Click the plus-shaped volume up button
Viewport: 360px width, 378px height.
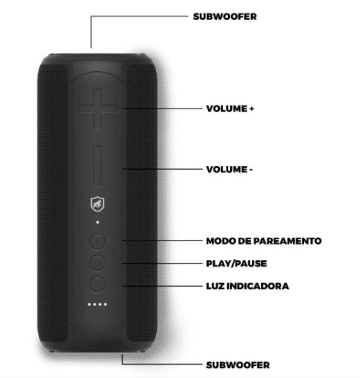(97, 108)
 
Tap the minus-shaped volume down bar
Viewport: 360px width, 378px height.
(97, 166)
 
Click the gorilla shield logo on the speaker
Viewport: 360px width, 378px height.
(97, 204)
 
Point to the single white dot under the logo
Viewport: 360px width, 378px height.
(97, 223)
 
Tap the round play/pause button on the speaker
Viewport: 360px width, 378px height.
(97, 263)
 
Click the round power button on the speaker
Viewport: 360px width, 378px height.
(97, 284)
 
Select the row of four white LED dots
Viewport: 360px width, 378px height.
(97, 304)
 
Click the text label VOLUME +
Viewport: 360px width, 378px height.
(230, 108)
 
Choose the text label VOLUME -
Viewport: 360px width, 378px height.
(229, 169)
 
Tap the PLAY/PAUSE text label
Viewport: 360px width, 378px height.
(236, 263)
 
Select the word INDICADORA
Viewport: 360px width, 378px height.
(258, 286)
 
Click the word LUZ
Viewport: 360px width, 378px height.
(215, 286)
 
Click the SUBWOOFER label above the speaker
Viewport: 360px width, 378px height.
(225, 17)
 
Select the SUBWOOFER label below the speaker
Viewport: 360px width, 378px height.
(238, 365)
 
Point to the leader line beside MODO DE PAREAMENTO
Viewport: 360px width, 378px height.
(162, 240)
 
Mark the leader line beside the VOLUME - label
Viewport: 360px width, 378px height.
(162, 169)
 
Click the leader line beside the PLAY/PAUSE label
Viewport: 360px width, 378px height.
(162, 263)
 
